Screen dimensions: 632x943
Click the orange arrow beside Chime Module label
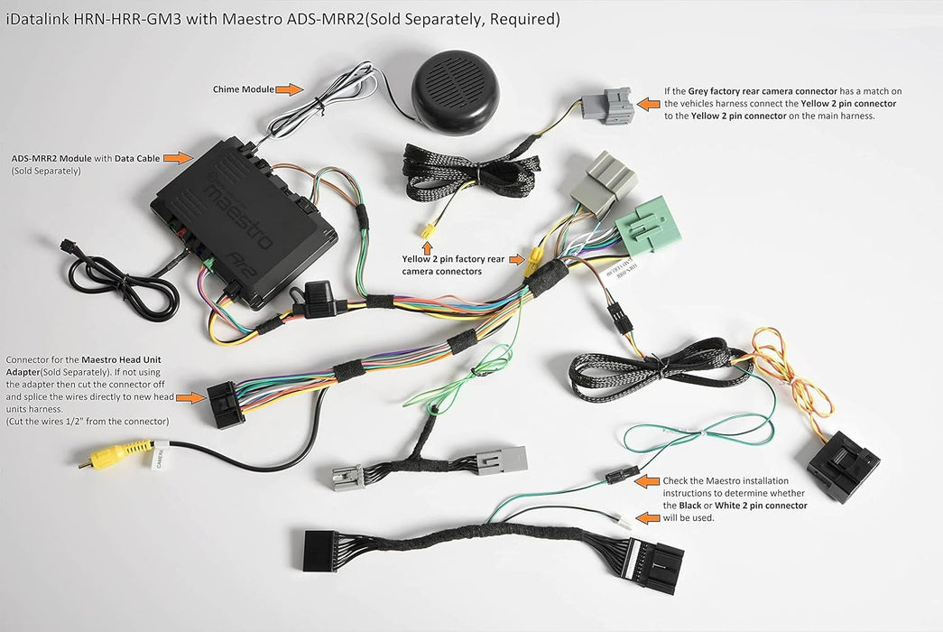pyautogui.click(x=288, y=89)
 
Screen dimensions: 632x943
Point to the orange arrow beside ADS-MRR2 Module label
pyautogui.click(x=179, y=158)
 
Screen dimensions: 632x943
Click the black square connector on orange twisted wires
pyautogui.click(x=842, y=465)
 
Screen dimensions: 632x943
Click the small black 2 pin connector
pyautogui.click(x=622, y=474)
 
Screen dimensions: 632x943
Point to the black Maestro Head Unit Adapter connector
pyautogui.click(x=226, y=403)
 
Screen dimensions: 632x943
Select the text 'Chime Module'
pyautogui.click(x=243, y=89)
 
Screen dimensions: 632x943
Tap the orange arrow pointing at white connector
pyautogui.click(x=649, y=518)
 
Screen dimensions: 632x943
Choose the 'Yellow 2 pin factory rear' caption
pyautogui.click(x=455, y=258)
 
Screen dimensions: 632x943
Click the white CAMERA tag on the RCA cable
pyautogui.click(x=160, y=459)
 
